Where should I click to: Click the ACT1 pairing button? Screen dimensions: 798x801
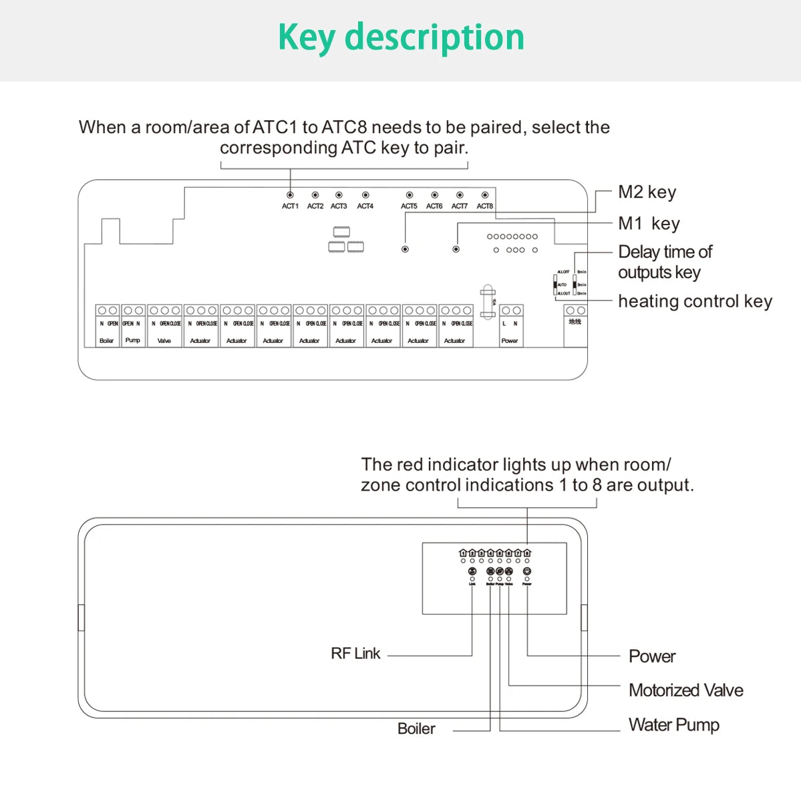coord(290,195)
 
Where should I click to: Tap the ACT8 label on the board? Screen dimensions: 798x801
coord(485,207)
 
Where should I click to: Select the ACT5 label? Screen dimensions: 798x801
coord(409,207)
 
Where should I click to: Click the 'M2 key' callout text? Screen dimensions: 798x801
coord(647,192)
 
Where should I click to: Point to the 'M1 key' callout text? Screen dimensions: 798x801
coord(649,224)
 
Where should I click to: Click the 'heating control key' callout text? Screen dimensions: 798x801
coord(695,301)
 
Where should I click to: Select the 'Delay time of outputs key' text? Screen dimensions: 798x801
coord(665,262)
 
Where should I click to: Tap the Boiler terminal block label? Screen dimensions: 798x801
coord(107,341)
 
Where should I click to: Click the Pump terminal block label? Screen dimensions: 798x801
coord(133,341)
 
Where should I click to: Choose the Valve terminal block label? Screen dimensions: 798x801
coord(164,341)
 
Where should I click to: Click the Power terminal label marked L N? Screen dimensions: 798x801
coord(510,323)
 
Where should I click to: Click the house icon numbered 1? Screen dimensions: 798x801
coord(463,553)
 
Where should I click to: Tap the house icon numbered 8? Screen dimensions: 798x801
coord(527,553)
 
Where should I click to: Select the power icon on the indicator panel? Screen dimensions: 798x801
coord(527,571)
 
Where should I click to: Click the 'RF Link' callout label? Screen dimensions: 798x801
coord(355,654)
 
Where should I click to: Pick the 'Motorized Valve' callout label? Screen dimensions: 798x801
coord(685,690)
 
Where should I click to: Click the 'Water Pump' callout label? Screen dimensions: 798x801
coord(673,725)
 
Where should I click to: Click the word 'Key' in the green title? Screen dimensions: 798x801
coord(307,37)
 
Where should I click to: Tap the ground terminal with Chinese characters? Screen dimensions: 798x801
coord(575,321)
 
